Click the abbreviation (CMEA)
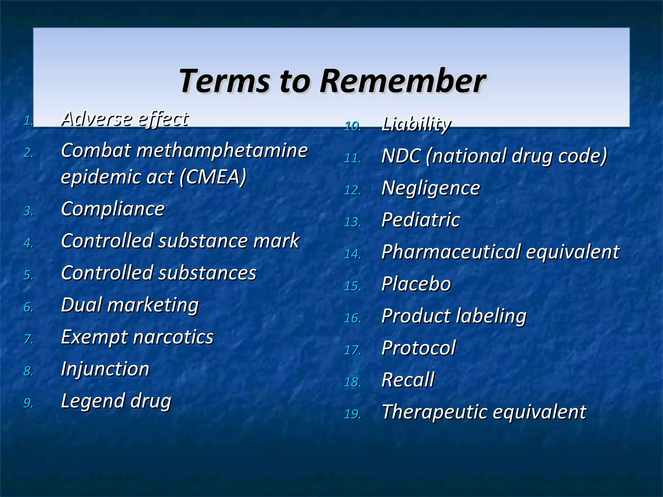(x=213, y=177)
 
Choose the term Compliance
(x=113, y=209)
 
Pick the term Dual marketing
(x=129, y=305)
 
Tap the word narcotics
(x=173, y=337)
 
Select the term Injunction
(x=105, y=369)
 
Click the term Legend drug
(x=116, y=401)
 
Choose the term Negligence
(x=431, y=188)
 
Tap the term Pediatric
(x=421, y=220)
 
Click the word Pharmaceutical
(x=451, y=252)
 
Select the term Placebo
(x=416, y=284)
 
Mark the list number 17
(x=352, y=350)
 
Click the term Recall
(x=408, y=380)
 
